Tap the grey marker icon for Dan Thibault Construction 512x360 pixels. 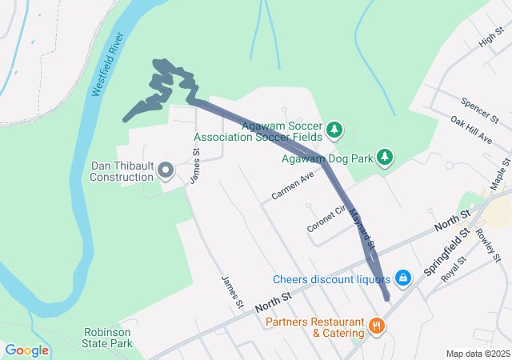166,170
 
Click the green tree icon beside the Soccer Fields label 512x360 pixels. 334,129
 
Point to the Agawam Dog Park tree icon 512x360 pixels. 385,156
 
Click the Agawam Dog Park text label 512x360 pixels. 328,158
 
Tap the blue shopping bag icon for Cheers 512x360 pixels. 403,278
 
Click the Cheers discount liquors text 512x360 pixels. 331,279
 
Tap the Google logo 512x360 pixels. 27,350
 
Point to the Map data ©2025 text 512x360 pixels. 478,354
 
